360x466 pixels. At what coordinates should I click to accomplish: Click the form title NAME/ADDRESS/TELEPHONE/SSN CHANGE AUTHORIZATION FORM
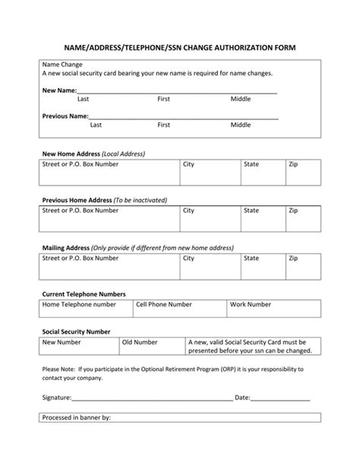(179, 47)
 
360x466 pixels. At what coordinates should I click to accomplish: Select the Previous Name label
(65, 116)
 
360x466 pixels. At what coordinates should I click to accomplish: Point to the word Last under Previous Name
(96, 125)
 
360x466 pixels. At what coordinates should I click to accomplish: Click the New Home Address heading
(93, 154)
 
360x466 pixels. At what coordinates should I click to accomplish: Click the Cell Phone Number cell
(179, 308)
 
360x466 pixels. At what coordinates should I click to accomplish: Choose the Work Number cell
(274, 308)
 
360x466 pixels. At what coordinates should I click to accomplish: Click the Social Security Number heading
(76, 331)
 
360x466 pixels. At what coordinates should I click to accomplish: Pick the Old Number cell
(153, 347)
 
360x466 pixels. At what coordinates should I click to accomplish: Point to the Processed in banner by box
(179, 417)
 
